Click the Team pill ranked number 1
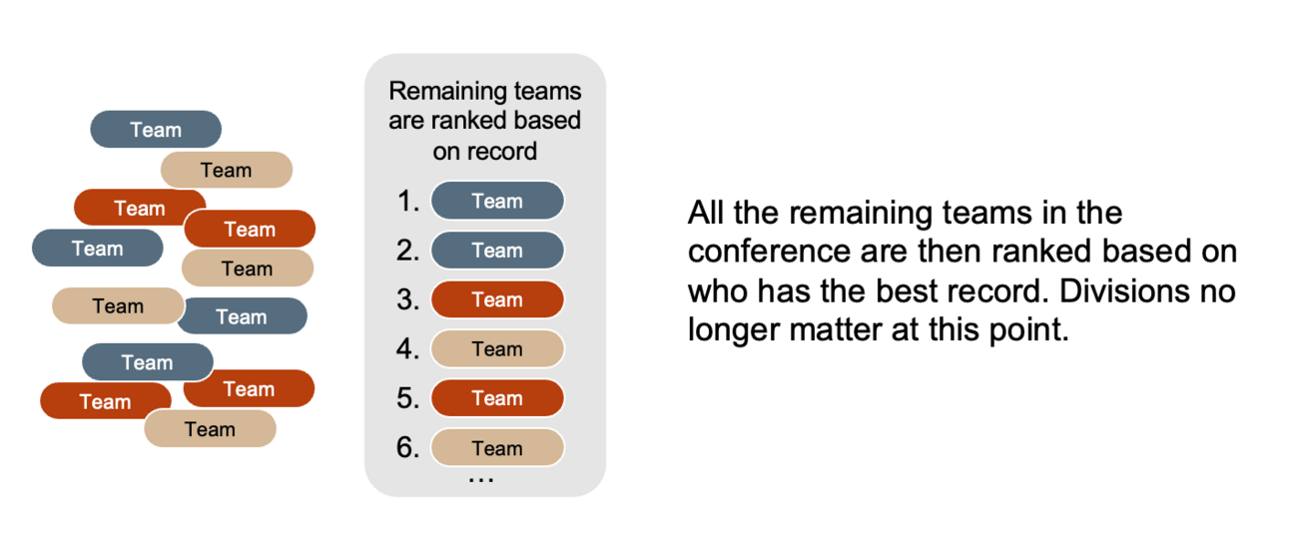[497, 201]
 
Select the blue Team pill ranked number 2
[497, 251]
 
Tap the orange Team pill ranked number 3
[497, 299]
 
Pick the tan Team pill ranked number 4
[497, 348]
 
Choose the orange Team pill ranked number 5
[497, 398]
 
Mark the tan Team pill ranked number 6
[497, 447]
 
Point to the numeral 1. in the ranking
[408, 202]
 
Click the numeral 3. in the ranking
[408, 299]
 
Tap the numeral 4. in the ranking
[408, 348]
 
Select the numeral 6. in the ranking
[408, 448]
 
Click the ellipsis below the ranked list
[481, 479]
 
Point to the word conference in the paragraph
[769, 252]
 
